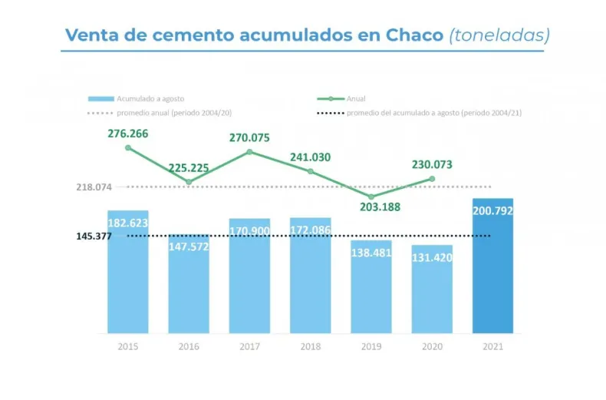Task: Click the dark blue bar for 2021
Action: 492,269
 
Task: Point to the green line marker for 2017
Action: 249,151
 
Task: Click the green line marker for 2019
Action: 371,197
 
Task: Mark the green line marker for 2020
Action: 432,179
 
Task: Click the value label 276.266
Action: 127,134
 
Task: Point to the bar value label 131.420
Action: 432,257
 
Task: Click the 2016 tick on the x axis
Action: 189,347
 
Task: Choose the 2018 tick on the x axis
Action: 310,347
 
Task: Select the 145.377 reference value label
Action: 94,236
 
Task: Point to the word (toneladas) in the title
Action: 499,35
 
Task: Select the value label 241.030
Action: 310,157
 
